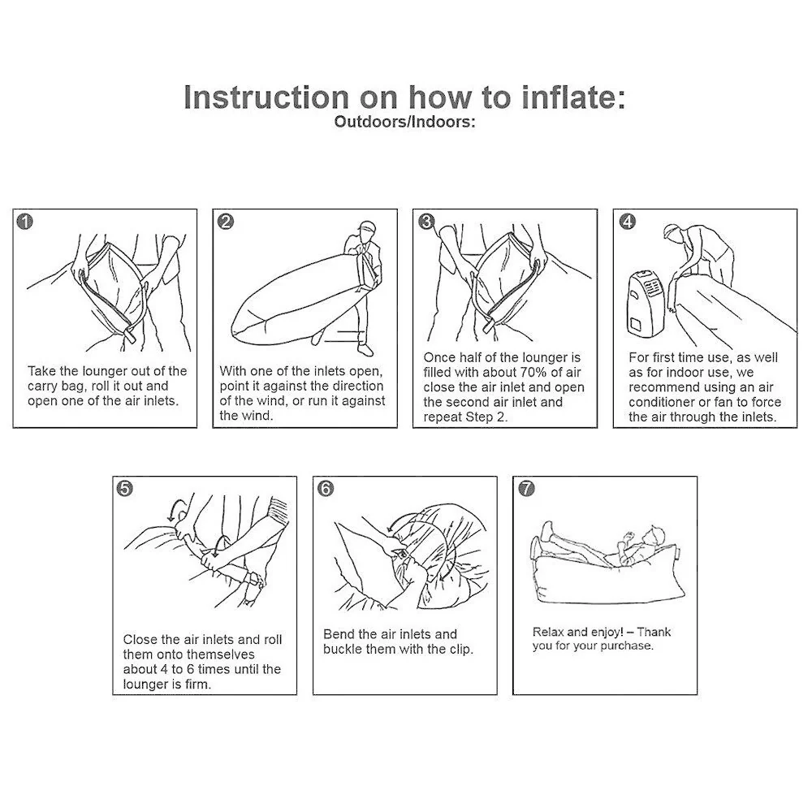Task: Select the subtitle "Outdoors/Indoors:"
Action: tap(404, 122)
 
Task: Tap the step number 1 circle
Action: tap(25, 222)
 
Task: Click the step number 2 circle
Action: tap(225, 222)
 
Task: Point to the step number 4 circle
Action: tap(627, 222)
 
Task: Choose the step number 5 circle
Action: tap(125, 488)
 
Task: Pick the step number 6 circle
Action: tap(326, 488)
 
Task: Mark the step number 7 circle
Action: tap(526, 488)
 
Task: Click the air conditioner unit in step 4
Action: tap(644, 303)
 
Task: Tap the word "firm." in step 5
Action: tap(198, 684)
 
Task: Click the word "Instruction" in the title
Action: tap(266, 97)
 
